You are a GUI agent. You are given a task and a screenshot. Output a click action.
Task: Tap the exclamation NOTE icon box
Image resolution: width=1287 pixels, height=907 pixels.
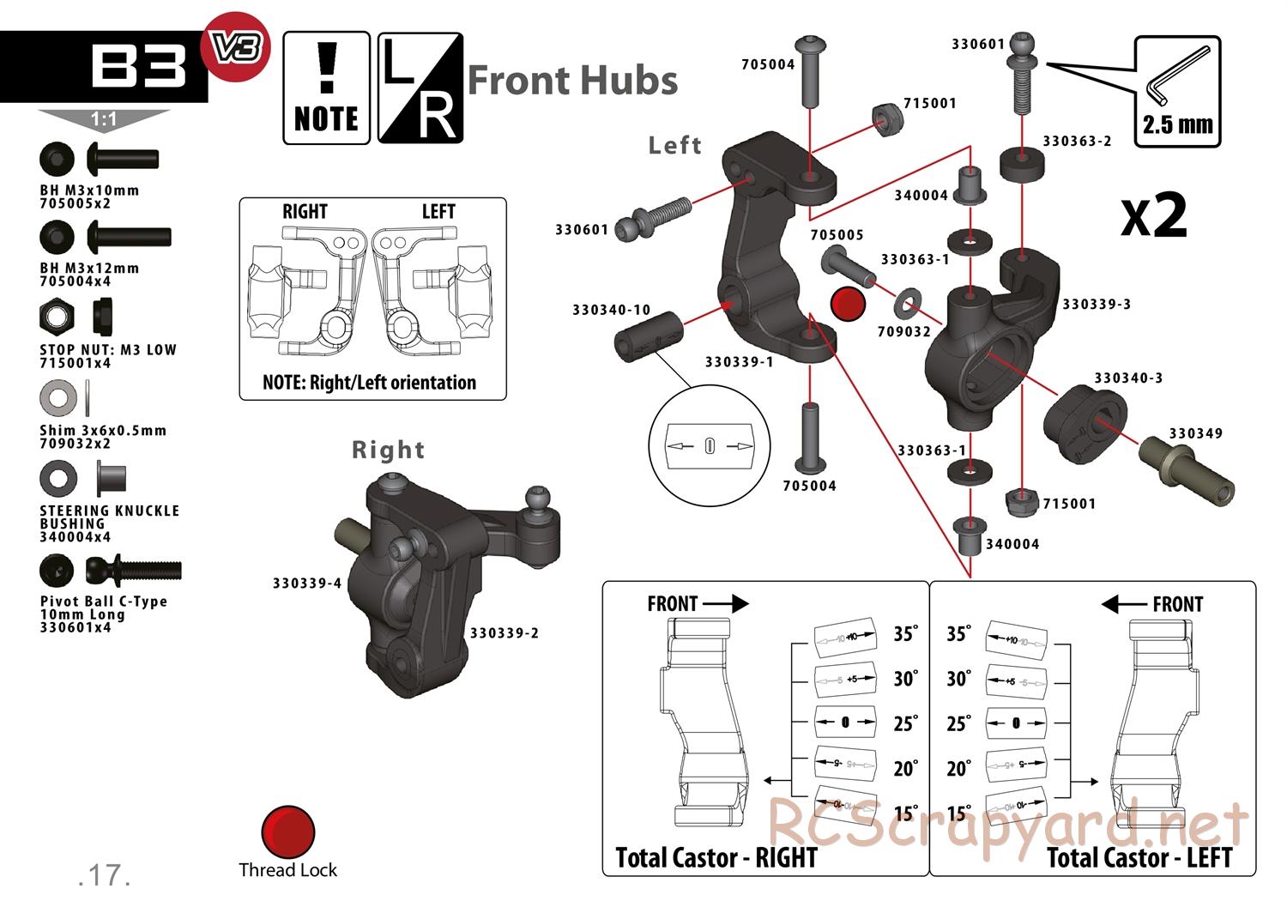tap(326, 88)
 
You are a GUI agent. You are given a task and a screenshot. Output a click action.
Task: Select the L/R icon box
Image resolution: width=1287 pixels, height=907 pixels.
tap(420, 88)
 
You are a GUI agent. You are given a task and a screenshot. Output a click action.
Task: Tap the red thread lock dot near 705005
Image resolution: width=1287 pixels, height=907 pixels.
tap(849, 303)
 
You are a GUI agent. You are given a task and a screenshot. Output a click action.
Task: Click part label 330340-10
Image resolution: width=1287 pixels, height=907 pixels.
tap(612, 310)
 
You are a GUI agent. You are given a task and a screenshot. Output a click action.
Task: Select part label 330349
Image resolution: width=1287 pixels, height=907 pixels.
tap(1195, 433)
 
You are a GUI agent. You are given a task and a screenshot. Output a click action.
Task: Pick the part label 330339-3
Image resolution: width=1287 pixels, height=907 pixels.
tap(1097, 304)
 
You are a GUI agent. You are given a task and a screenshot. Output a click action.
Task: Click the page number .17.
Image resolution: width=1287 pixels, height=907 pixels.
tap(104, 874)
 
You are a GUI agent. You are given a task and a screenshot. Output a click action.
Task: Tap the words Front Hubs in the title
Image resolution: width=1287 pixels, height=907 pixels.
tap(572, 81)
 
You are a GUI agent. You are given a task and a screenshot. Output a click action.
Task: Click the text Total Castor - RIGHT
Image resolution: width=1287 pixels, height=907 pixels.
tap(716, 857)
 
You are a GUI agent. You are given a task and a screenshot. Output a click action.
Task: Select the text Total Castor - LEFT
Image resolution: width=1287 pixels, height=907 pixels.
tap(1139, 857)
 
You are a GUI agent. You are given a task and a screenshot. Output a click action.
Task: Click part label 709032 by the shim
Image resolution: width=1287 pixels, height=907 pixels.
tap(904, 331)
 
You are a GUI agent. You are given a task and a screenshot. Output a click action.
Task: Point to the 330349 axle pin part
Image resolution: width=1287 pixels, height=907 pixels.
tap(1188, 470)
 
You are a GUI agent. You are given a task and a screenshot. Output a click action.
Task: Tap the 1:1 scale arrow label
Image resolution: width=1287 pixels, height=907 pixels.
tap(104, 120)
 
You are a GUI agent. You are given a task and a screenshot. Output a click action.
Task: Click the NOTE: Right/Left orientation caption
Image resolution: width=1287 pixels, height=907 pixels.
tap(370, 382)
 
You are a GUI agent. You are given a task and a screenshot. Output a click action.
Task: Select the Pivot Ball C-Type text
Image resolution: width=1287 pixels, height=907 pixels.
tap(104, 602)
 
